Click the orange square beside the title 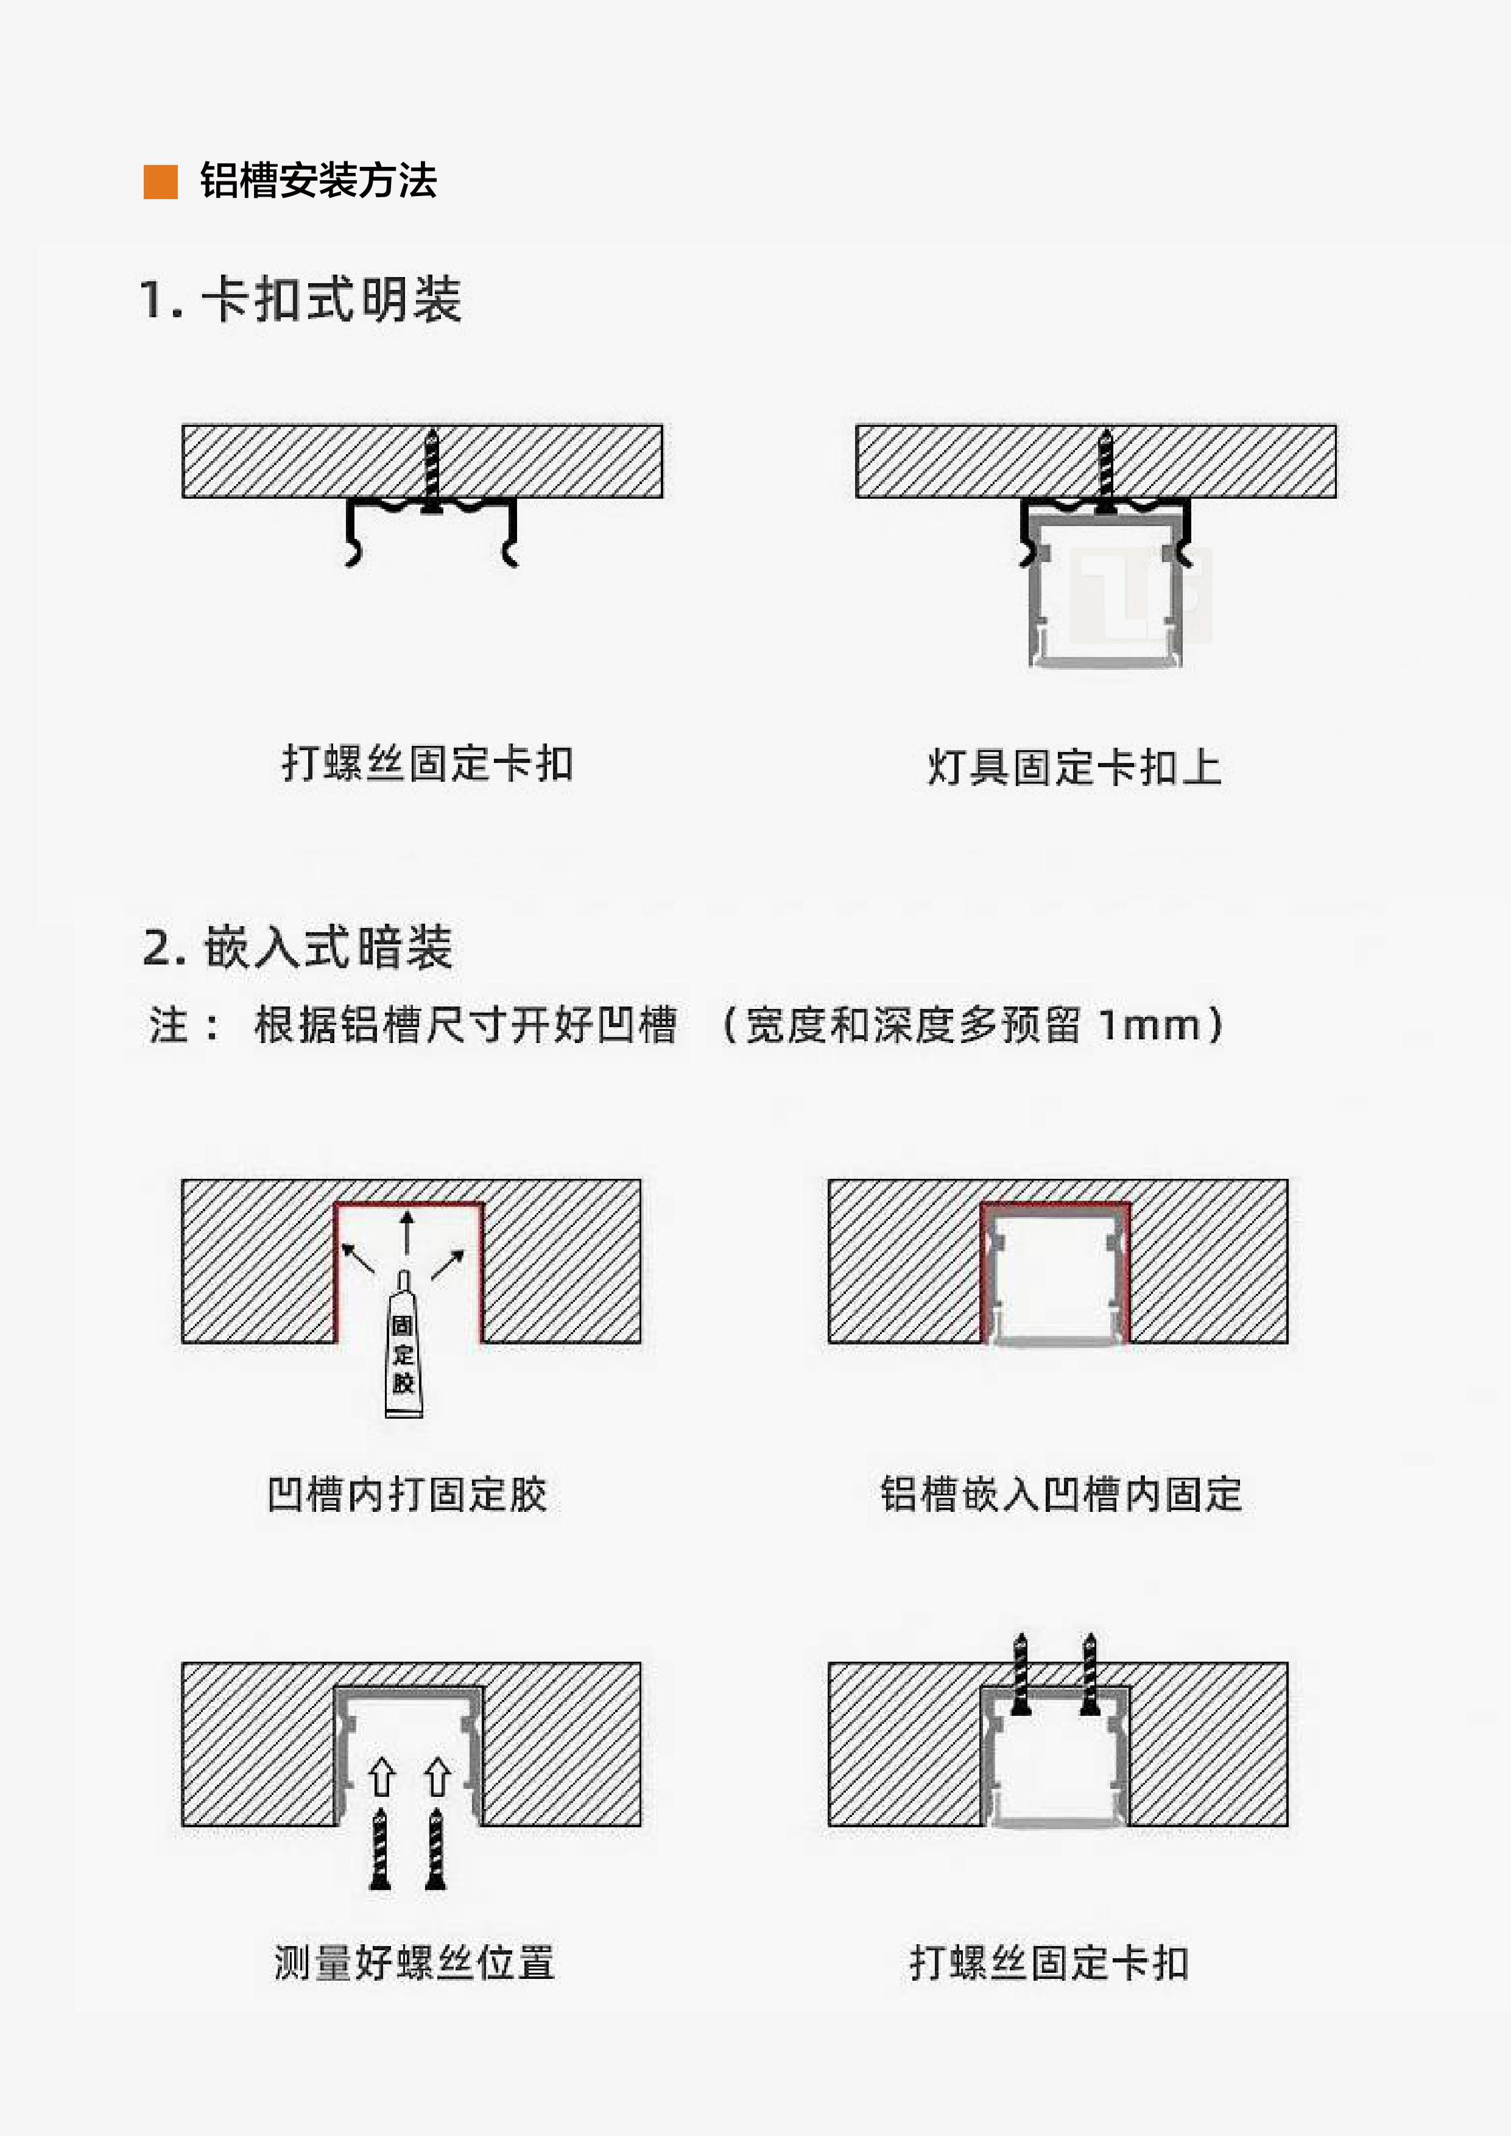160,181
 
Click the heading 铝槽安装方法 318,180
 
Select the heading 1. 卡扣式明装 300,300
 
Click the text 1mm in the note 1149,1025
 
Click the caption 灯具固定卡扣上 1075,767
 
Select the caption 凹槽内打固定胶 407,1495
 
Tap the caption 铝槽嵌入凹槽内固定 1062,1495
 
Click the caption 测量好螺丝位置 415,1964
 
